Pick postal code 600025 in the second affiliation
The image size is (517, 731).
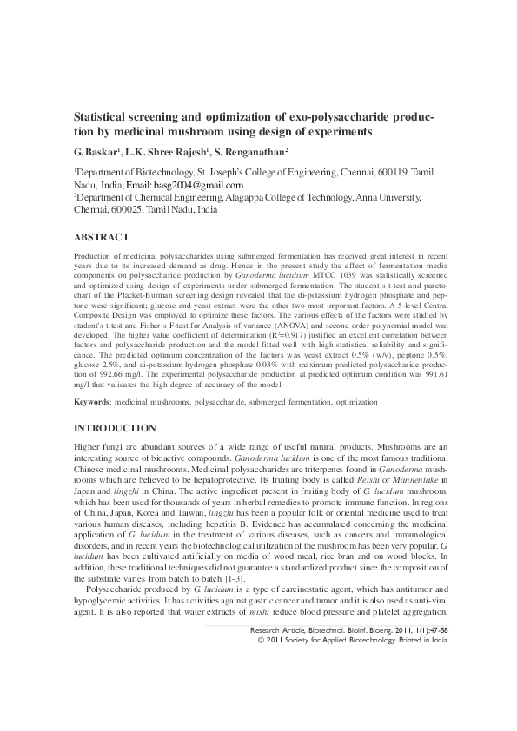click(x=130, y=210)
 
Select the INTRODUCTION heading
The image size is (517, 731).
click(x=115, y=429)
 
